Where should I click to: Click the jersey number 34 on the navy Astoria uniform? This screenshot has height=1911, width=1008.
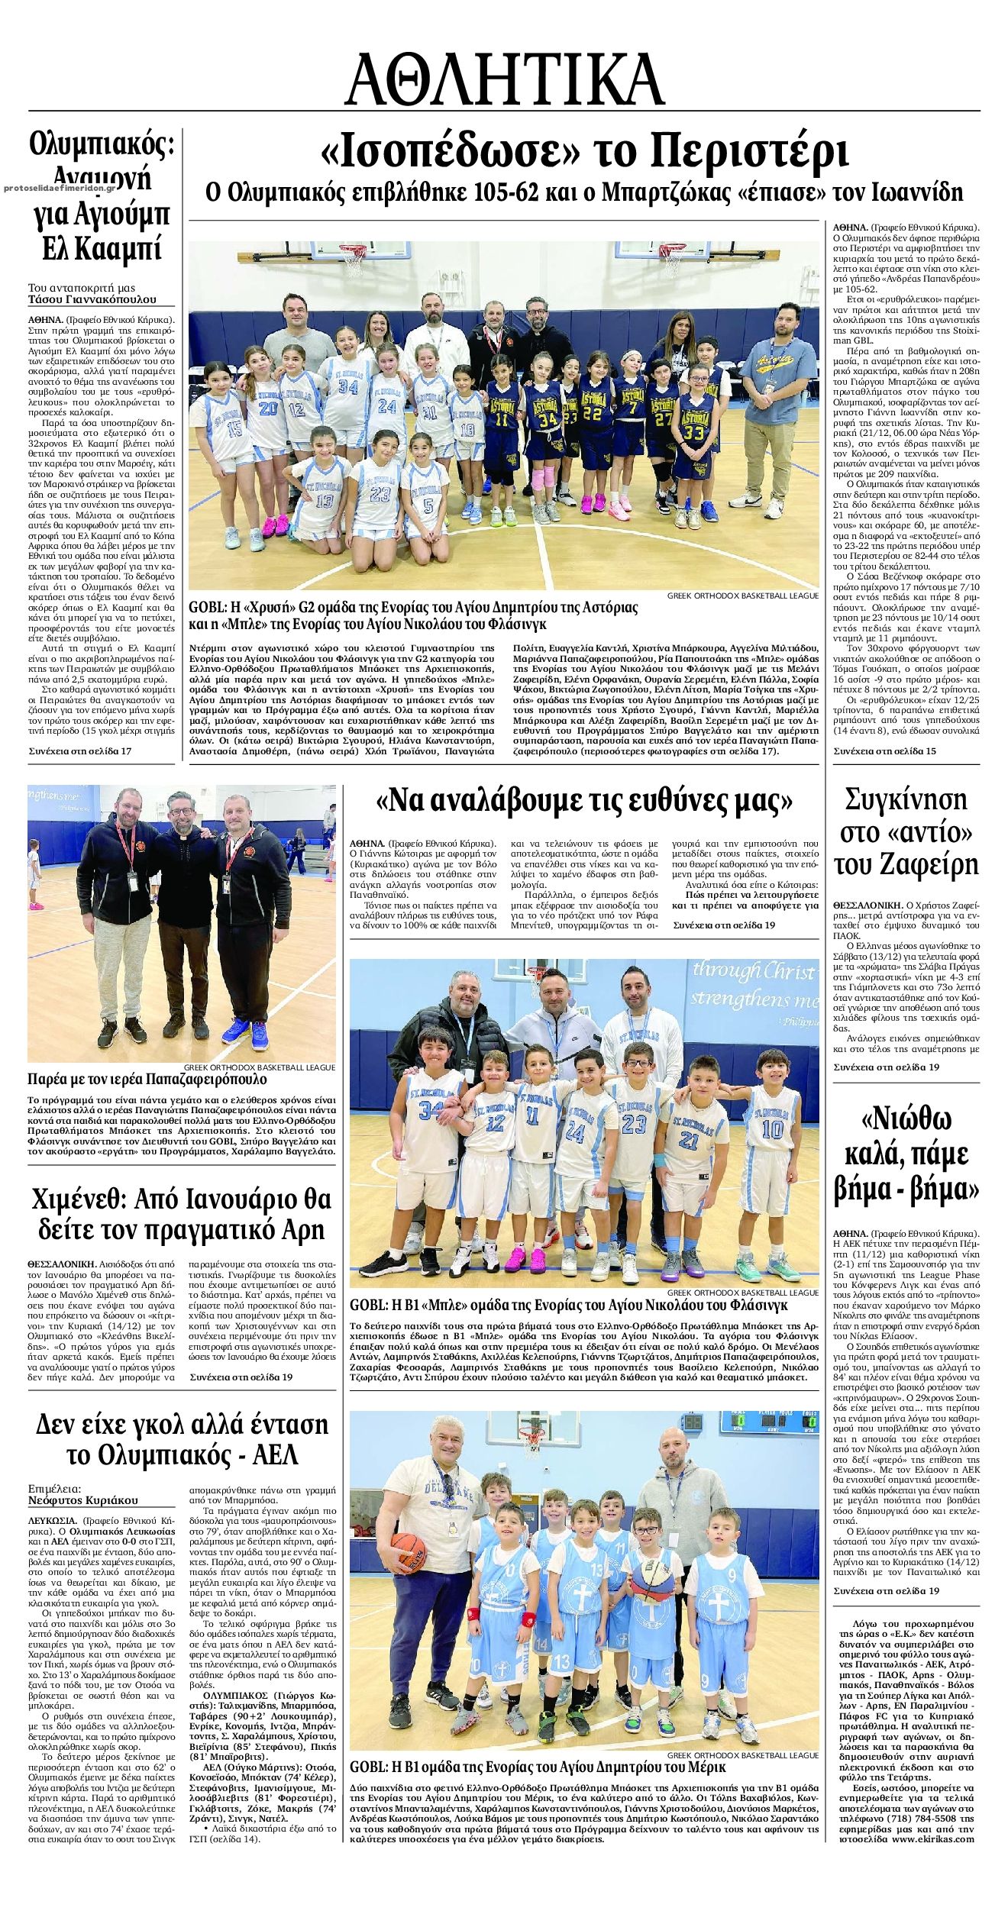click(548, 419)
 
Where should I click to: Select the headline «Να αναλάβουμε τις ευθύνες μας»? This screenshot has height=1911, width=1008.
click(584, 800)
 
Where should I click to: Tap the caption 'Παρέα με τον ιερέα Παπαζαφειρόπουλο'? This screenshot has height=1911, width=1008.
click(147, 1080)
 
